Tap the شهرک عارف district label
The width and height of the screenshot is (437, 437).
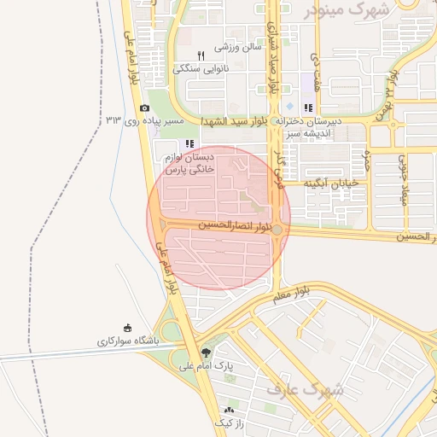305,391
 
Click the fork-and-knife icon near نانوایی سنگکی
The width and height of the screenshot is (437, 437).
201,55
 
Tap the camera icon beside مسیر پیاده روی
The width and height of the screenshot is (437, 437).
144,108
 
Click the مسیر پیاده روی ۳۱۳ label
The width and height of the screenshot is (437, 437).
144,121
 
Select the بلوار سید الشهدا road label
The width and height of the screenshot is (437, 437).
237,122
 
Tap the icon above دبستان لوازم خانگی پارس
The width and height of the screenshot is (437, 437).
189,143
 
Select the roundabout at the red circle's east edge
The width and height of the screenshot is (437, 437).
278,229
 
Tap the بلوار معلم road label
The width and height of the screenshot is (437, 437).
293,294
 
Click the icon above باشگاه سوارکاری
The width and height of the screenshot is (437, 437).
128,328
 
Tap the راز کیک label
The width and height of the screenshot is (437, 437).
228,422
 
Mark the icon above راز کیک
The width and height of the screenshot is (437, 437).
228,410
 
